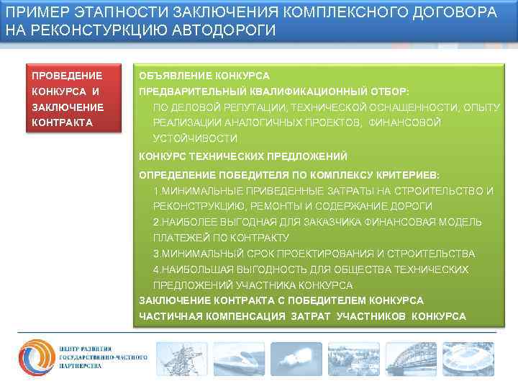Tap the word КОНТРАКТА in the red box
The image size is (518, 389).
click(63, 122)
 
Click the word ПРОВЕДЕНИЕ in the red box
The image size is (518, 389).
click(67, 76)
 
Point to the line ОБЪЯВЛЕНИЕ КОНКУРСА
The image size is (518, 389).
click(204, 76)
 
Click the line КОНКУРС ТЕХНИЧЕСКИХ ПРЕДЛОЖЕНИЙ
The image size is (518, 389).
click(242, 156)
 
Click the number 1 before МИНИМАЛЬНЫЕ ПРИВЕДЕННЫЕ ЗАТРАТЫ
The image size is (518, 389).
click(156, 191)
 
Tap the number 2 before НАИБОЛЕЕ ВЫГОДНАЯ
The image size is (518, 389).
click(156, 222)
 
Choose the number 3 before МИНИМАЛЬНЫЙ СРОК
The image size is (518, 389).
click(156, 254)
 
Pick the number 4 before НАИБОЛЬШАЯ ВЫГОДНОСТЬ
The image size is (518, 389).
click(156, 269)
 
